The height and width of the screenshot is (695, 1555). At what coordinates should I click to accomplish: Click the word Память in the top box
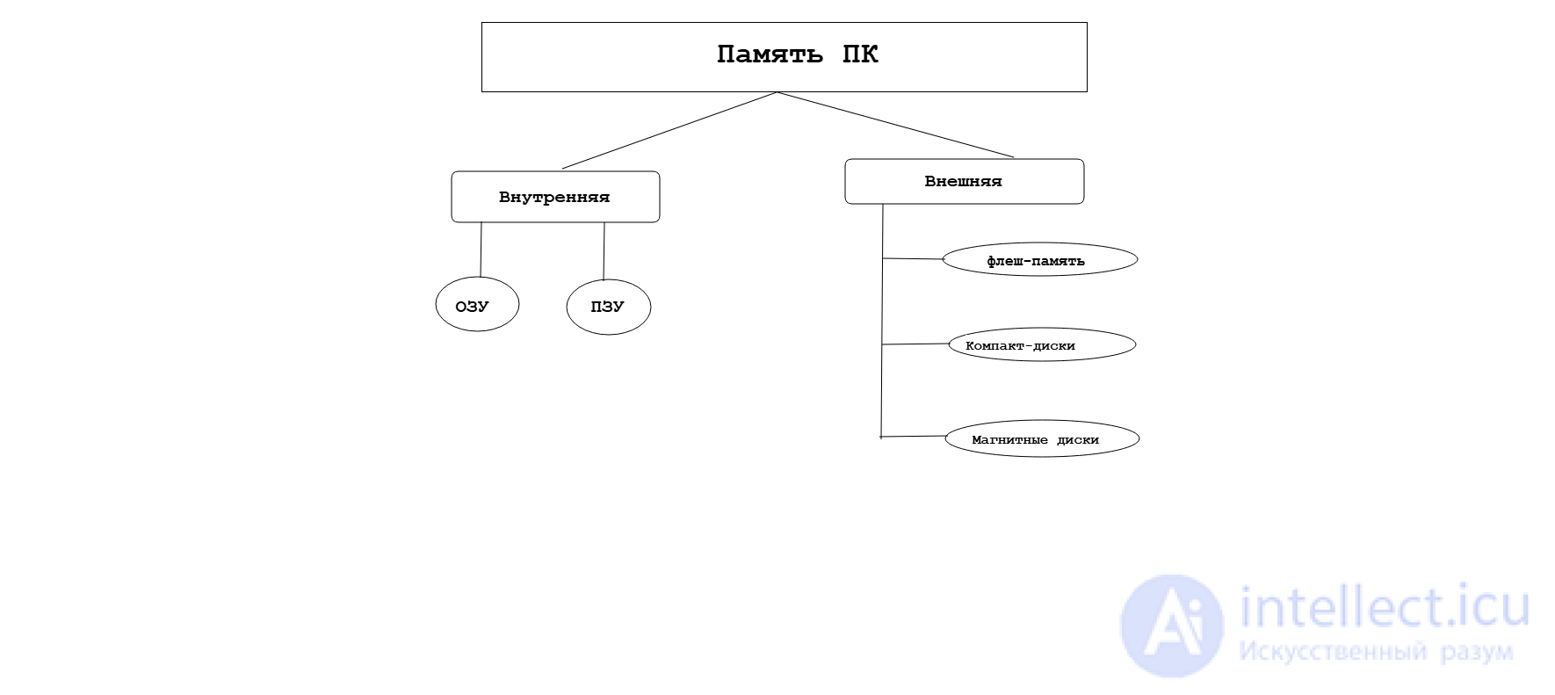770,54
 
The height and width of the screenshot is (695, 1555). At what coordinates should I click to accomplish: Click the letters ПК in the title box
860,54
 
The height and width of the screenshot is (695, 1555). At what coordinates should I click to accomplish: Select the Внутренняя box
555,197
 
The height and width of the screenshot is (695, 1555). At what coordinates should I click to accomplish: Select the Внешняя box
964,181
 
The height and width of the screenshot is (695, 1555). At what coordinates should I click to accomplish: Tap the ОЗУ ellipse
477,305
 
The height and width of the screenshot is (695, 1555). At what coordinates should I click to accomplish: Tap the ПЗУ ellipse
608,307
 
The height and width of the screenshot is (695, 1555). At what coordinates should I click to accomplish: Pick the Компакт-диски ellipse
1042,344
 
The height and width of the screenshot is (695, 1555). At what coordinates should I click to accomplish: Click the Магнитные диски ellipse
1042,438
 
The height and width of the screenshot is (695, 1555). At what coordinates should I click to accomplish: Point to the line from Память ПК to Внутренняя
669,130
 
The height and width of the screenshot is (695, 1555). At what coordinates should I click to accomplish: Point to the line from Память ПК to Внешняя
896,125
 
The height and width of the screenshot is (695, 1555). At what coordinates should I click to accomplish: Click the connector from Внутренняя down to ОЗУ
481,250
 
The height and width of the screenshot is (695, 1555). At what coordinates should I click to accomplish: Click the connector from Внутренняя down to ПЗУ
604,251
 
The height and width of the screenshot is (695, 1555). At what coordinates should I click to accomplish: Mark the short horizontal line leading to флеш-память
912,259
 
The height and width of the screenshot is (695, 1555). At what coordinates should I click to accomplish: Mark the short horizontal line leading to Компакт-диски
915,344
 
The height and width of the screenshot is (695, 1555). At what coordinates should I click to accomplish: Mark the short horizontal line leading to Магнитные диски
913,437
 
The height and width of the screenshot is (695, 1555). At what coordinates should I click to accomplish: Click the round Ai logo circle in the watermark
1172,626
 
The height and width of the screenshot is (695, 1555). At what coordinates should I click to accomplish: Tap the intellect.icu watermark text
1384,607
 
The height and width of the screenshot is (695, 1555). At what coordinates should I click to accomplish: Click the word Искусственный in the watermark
1332,652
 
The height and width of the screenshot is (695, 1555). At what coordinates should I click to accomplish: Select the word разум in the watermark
1477,652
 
